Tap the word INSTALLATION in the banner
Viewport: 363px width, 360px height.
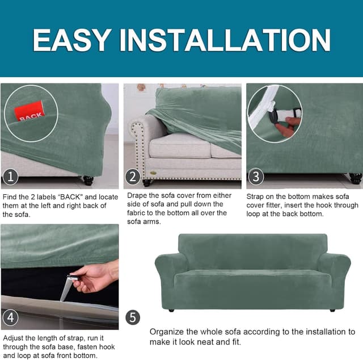[225, 40]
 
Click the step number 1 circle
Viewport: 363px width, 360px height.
[10, 177]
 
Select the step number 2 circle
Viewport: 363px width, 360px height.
[133, 177]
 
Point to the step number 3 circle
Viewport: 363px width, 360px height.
[256, 176]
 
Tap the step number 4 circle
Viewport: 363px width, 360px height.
[10, 317]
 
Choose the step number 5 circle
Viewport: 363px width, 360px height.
[133, 317]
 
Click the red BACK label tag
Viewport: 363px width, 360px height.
[29, 111]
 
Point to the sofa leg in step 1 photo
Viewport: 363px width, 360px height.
[88, 180]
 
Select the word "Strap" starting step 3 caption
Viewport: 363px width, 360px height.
[255, 197]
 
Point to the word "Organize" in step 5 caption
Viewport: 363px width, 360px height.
[167, 332]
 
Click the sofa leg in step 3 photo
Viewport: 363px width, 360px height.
[356, 178]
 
